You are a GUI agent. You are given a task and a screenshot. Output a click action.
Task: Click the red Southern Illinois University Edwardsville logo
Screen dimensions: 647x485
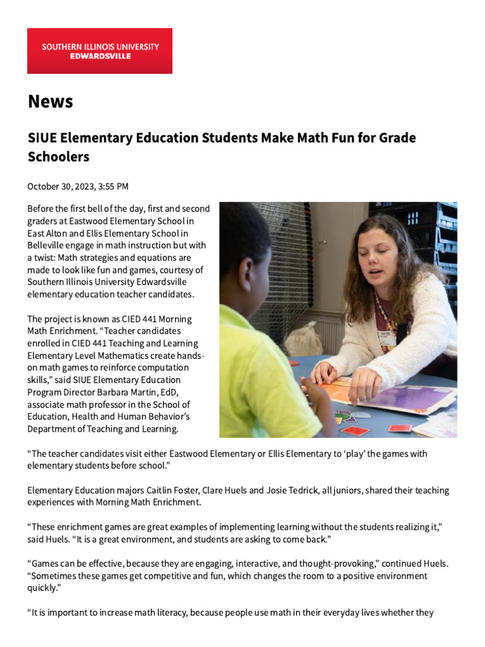[x=100, y=51]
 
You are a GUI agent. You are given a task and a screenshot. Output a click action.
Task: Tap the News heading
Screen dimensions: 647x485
[x=51, y=101]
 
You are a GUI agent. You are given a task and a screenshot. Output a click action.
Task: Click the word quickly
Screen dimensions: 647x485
[x=42, y=588]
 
